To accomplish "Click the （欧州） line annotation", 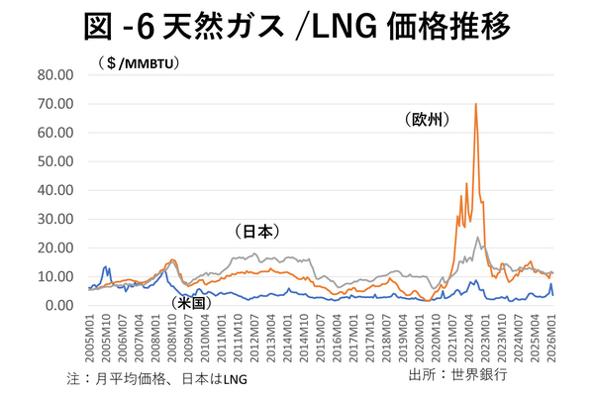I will pos(428,120).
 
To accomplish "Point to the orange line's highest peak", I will pos(476,103).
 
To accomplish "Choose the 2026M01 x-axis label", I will pos(552,337).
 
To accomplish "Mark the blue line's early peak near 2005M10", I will pos(106,267).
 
